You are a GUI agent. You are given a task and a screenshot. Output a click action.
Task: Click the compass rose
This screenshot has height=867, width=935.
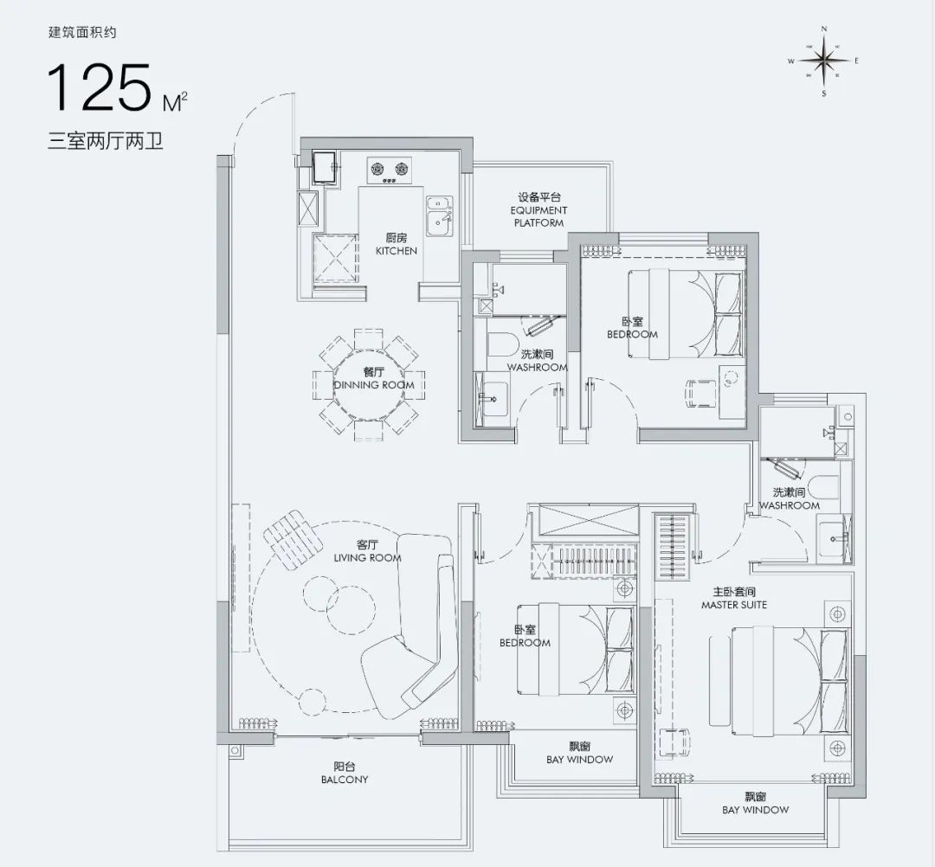(823, 61)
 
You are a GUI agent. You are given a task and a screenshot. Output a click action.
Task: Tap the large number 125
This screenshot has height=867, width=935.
(99, 87)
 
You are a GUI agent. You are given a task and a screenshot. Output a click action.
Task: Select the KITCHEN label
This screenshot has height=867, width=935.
(396, 251)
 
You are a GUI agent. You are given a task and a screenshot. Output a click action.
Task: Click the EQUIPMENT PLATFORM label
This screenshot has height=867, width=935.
(538, 216)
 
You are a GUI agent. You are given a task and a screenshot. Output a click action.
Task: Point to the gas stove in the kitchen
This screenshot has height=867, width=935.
(390, 170)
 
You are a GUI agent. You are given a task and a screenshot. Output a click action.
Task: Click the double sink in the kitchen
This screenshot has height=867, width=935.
(440, 215)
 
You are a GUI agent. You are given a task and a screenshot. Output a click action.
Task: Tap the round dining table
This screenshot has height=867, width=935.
(370, 385)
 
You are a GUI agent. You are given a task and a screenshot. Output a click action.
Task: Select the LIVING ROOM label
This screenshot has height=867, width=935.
(367, 558)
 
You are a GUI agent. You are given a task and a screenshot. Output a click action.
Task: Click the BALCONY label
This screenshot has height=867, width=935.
(345, 780)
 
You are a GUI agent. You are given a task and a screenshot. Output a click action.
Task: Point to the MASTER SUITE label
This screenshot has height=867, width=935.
(734, 605)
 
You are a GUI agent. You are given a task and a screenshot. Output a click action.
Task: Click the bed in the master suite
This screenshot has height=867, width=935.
(779, 680)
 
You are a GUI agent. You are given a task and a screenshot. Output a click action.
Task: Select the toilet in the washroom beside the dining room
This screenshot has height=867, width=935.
(501, 344)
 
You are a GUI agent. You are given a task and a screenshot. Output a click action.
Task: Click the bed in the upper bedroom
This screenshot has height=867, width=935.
(687, 314)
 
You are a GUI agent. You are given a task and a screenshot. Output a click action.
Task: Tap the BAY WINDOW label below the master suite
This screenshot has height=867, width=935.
(755, 810)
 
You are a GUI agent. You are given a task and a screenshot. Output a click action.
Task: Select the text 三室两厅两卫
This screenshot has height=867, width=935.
(106, 142)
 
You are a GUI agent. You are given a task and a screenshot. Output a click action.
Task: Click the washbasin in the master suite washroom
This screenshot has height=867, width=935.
(835, 540)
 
